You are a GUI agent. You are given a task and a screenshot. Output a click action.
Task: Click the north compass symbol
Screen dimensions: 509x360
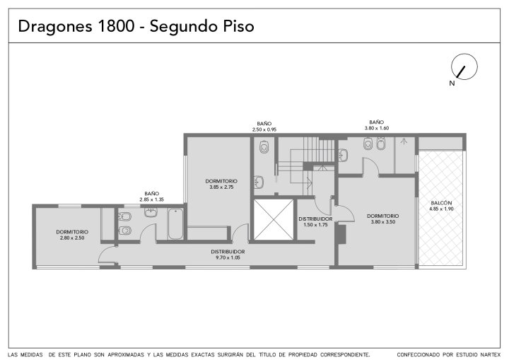tap(464, 66)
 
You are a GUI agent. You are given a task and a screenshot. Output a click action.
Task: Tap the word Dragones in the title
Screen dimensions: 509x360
tap(55, 27)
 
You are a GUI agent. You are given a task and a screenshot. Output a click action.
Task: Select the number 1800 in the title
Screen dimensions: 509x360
tap(116, 26)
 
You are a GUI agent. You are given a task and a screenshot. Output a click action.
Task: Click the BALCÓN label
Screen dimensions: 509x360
tap(441, 203)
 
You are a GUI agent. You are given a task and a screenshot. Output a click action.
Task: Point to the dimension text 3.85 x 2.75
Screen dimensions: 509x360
tap(221, 187)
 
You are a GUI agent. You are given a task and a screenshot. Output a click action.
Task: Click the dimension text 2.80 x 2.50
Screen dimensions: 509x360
tap(72, 238)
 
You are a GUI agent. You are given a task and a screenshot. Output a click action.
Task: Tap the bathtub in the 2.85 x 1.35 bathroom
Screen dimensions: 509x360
tap(175, 224)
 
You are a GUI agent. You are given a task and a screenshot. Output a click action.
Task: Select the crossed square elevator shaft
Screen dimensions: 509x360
tap(274, 220)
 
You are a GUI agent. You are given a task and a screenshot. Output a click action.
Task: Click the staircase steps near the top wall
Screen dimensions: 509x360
tap(318, 149)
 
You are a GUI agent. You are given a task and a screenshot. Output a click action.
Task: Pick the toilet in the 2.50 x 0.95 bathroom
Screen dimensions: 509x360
tap(264, 147)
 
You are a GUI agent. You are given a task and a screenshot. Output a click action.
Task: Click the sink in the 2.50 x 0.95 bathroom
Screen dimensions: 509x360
tap(259, 182)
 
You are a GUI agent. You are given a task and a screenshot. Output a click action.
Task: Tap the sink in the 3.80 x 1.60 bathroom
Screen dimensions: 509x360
tap(343, 155)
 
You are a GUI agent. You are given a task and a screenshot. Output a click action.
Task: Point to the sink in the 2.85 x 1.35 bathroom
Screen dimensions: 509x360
tap(151, 212)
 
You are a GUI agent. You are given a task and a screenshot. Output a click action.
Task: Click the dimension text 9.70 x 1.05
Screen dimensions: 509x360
tap(228, 257)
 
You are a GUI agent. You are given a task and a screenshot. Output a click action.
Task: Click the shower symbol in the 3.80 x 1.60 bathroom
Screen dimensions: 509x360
tap(404, 141)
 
